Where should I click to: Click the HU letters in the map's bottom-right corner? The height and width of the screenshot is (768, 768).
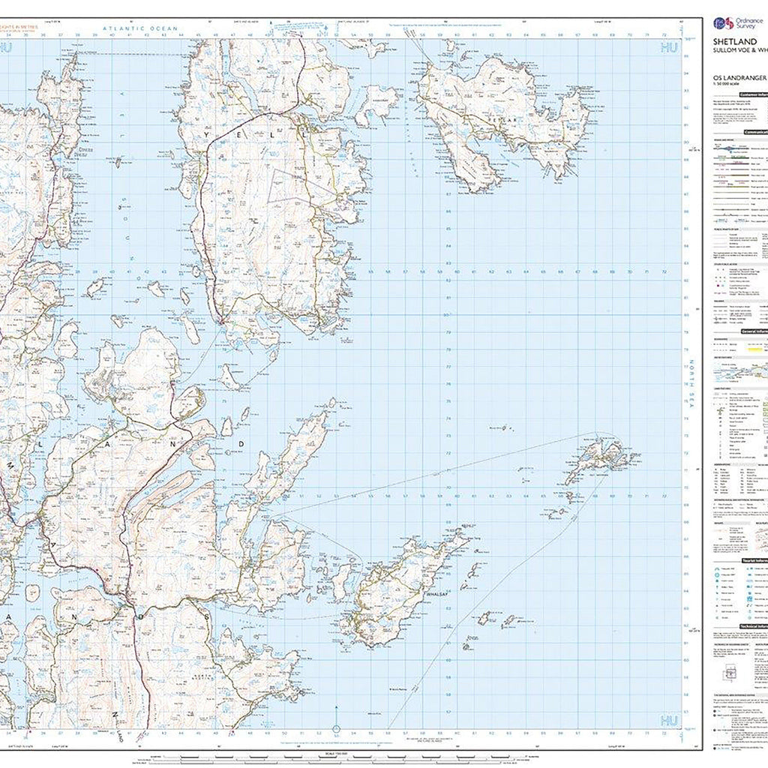click(668, 721)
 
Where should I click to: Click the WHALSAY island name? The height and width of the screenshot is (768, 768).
click(436, 594)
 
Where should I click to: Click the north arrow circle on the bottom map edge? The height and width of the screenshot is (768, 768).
click(336, 729)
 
